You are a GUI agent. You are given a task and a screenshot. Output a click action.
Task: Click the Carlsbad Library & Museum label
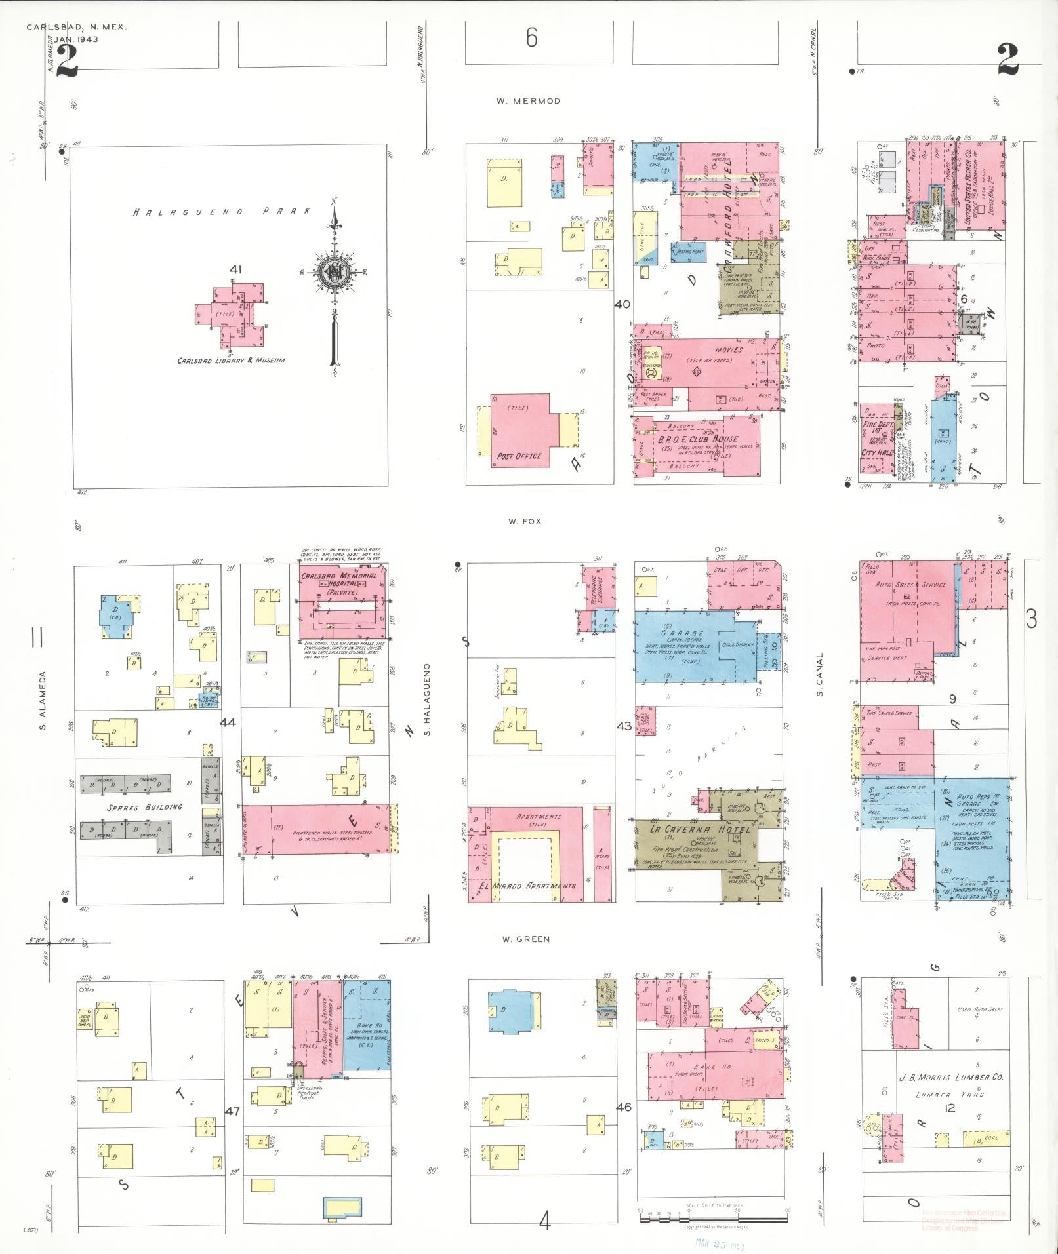[x=231, y=361]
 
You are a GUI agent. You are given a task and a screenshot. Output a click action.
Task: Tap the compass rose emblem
[x=334, y=272]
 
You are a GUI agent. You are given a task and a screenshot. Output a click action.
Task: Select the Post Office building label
[x=519, y=456]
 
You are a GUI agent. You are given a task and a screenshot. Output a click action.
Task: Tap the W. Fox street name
[x=525, y=522]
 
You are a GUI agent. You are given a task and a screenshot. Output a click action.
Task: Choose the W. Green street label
[x=525, y=939]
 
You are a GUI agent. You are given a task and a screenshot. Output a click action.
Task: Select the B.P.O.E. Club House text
[x=698, y=439]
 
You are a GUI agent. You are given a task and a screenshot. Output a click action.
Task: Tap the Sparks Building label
[x=136, y=807]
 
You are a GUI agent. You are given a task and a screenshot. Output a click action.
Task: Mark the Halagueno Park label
[x=222, y=212]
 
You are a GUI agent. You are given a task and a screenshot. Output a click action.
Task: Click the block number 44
[x=228, y=722]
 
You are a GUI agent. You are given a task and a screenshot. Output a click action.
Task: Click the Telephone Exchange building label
[x=597, y=584]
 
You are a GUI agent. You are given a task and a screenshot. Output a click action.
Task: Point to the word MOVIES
[x=729, y=350]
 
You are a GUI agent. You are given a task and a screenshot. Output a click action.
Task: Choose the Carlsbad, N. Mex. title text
[x=77, y=28]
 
